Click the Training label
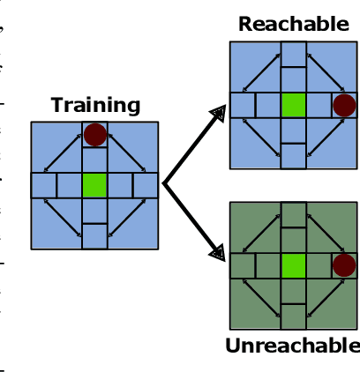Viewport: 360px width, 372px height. pos(95,105)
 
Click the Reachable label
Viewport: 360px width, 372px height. pos(293,24)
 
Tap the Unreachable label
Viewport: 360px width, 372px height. pos(292,346)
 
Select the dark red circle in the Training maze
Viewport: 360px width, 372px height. pos(95,135)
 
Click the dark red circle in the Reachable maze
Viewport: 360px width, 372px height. pos(343,106)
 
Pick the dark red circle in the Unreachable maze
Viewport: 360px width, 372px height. pos(343,266)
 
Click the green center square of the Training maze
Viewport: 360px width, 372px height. pos(94,185)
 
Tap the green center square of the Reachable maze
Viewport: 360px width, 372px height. pos(293,105)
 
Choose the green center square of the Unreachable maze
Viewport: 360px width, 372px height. pos(293,266)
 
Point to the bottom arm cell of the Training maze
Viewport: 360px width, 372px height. pos(94,235)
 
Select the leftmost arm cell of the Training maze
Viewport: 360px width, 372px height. pos(43,185)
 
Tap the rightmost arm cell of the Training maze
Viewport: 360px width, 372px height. pos(146,185)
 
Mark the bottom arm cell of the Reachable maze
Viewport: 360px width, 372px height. pos(293,157)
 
